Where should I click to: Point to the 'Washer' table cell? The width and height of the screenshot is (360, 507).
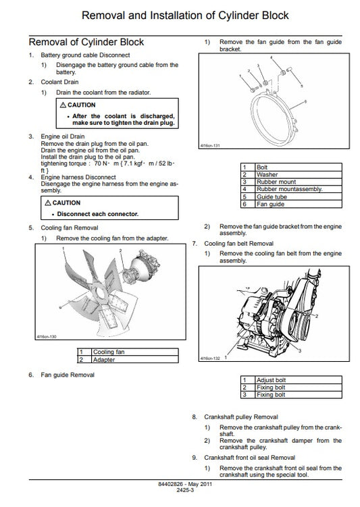[267, 174]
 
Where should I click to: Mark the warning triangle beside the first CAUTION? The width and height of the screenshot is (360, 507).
[63, 105]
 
